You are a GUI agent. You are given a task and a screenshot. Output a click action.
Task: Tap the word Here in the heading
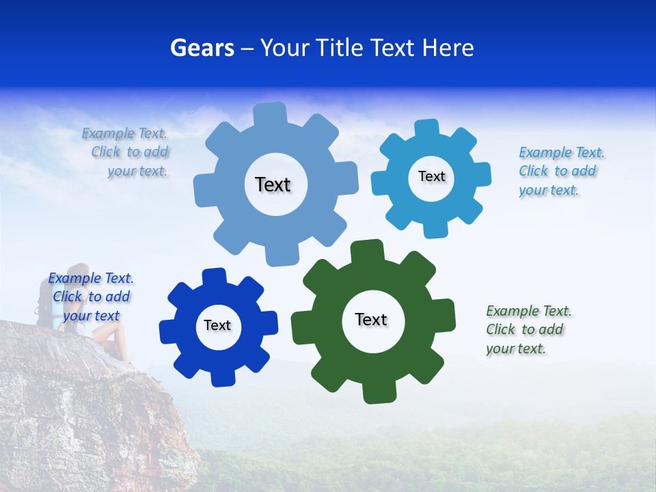(x=448, y=48)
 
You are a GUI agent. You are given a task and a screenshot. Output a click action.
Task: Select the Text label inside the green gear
(x=371, y=320)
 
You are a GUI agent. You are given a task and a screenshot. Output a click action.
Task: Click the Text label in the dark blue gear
(x=217, y=326)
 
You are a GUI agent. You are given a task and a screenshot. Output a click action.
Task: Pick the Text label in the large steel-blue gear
(x=273, y=184)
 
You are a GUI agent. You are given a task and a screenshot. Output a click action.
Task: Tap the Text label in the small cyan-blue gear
(x=431, y=176)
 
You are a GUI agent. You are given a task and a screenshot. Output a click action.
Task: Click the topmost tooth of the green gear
(x=366, y=250)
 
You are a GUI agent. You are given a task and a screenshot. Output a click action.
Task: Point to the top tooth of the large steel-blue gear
(x=270, y=113)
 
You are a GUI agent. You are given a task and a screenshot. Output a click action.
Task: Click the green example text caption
(x=528, y=330)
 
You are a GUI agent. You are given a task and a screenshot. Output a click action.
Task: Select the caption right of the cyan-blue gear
(x=561, y=172)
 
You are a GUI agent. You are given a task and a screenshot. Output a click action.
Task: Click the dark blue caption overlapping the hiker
(x=91, y=297)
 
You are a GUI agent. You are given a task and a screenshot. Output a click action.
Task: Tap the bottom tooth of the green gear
(x=378, y=393)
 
